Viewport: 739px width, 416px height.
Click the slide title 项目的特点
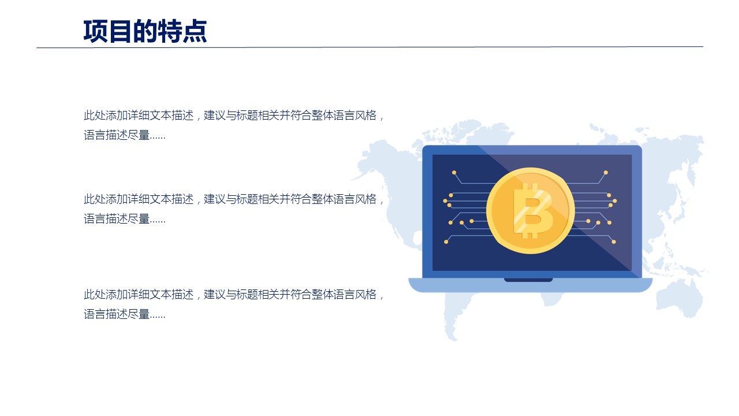pyautogui.click(x=145, y=31)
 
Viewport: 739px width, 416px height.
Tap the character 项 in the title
pyautogui.click(x=95, y=31)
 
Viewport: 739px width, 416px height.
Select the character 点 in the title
pyautogui.click(x=195, y=31)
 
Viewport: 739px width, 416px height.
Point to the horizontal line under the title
pyautogui.click(x=369, y=47)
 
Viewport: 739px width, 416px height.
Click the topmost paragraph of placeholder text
pyautogui.click(x=234, y=125)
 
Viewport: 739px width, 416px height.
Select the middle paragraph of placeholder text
pyautogui.click(x=234, y=209)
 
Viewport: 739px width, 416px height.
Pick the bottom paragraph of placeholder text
pyautogui.click(x=234, y=304)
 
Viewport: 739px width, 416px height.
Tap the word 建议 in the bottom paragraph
pyautogui.click(x=214, y=294)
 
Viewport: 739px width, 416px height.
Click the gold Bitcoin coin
pyautogui.click(x=531, y=211)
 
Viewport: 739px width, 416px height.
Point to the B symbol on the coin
pyautogui.click(x=532, y=211)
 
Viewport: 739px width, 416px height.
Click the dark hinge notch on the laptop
pyautogui.click(x=528, y=280)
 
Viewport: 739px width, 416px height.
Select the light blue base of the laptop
pyautogui.click(x=531, y=285)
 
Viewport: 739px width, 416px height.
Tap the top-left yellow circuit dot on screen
pyautogui.click(x=454, y=172)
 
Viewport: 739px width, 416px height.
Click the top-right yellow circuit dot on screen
pyautogui.click(x=606, y=172)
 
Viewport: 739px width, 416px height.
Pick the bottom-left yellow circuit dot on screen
pyautogui.click(x=446, y=242)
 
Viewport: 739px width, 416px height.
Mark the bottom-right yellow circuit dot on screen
pyautogui.click(x=614, y=242)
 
